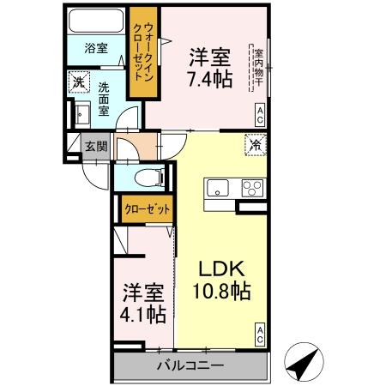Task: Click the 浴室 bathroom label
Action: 96,48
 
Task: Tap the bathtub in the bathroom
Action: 96,21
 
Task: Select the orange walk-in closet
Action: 140,51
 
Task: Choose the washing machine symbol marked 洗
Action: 79,83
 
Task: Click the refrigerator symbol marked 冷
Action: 254,145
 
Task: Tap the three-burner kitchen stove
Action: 252,187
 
